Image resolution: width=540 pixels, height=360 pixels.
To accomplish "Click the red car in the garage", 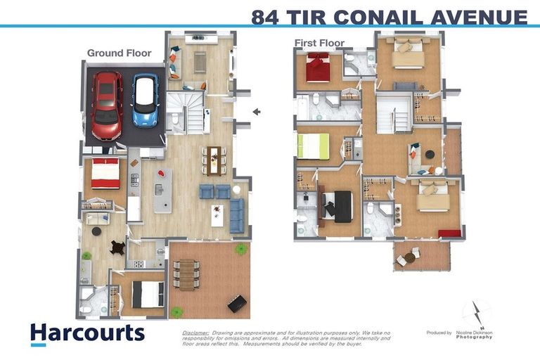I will (x=107, y=105).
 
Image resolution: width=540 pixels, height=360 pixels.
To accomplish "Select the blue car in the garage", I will (x=146, y=100).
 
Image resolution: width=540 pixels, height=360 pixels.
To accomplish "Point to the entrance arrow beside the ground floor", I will (x=257, y=111).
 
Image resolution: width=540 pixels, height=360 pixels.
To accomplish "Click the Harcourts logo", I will (x=87, y=333).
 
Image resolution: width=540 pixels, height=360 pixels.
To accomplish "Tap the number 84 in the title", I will (x=266, y=17).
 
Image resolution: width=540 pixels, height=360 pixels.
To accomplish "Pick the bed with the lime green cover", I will (x=313, y=146).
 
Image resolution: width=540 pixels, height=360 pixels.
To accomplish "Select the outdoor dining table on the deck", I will (x=186, y=274).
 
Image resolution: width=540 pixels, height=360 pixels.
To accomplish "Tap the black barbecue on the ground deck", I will (x=238, y=303).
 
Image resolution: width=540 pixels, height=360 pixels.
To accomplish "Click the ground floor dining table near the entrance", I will (x=214, y=159).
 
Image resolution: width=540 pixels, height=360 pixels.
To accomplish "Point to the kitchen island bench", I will (x=162, y=190).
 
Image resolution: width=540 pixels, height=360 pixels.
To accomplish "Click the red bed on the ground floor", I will (x=105, y=173).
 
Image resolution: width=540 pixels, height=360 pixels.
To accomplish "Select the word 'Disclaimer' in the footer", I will (x=195, y=332).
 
